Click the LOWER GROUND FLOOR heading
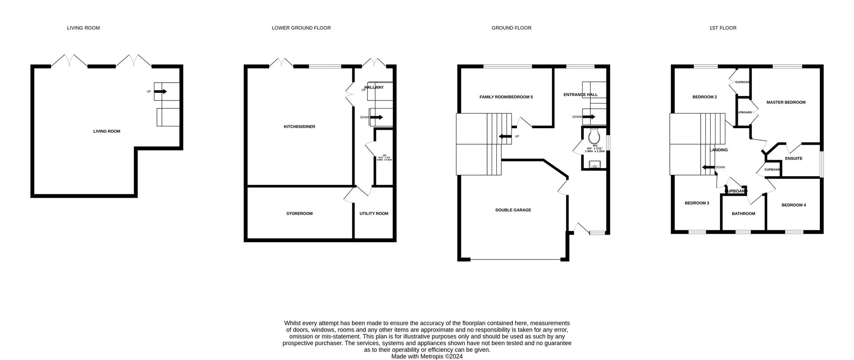[301, 28]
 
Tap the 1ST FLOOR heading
[723, 28]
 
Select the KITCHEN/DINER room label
[299, 127]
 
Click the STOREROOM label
[299, 214]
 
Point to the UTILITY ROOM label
[374, 214]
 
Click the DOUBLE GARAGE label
[513, 210]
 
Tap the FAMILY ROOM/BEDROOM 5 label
[506, 97]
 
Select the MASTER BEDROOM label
[786, 102]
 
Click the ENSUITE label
[794, 158]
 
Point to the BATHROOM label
[744, 214]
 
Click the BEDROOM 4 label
[794, 205]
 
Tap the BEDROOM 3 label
[697, 203]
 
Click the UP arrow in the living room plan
[161, 92]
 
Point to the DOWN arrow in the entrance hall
[589, 117]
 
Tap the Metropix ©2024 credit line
[427, 356]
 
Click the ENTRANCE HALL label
[580, 95]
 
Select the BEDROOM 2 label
[705, 97]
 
